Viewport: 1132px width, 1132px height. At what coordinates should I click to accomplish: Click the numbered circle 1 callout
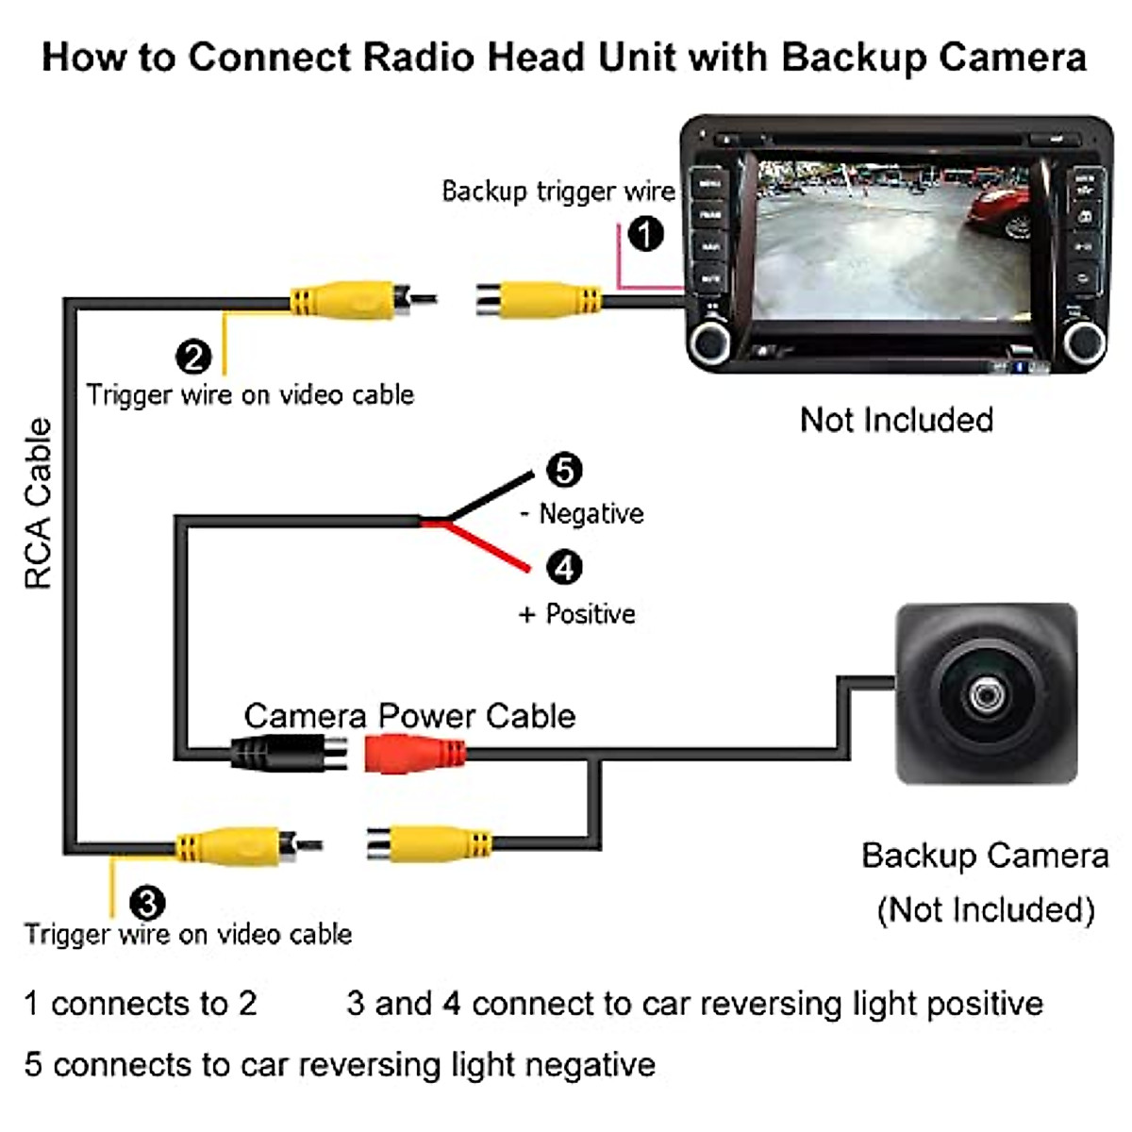click(645, 234)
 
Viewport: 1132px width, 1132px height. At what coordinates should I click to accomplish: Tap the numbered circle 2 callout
click(193, 357)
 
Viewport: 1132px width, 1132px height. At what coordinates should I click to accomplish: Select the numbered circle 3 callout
click(147, 903)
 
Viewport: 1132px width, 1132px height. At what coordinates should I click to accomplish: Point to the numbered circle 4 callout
click(564, 568)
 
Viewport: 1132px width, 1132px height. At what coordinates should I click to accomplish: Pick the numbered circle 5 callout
click(564, 470)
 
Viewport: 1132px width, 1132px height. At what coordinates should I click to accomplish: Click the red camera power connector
click(415, 753)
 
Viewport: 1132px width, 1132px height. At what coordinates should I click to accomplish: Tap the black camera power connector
click(289, 753)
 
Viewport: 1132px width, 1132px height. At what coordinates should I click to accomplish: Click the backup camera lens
click(987, 696)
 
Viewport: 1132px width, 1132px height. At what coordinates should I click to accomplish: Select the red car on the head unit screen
click(999, 211)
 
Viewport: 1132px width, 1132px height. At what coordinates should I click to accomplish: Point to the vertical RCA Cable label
click(38, 504)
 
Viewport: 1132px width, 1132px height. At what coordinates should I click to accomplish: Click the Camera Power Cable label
click(409, 716)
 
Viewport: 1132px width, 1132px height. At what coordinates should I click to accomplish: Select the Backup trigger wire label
click(558, 191)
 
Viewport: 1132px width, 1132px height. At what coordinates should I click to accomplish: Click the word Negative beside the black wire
click(591, 513)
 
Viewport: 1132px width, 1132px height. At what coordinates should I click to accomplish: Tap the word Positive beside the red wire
click(591, 614)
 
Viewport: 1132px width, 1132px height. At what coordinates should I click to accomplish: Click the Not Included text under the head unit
click(896, 420)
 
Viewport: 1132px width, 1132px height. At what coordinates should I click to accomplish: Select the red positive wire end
click(527, 569)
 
